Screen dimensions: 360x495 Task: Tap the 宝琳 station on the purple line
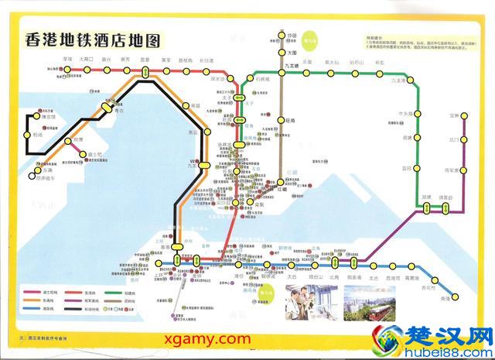[463, 115]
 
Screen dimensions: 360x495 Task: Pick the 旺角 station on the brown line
[282, 120]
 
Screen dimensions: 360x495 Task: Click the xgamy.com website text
[207, 339]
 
